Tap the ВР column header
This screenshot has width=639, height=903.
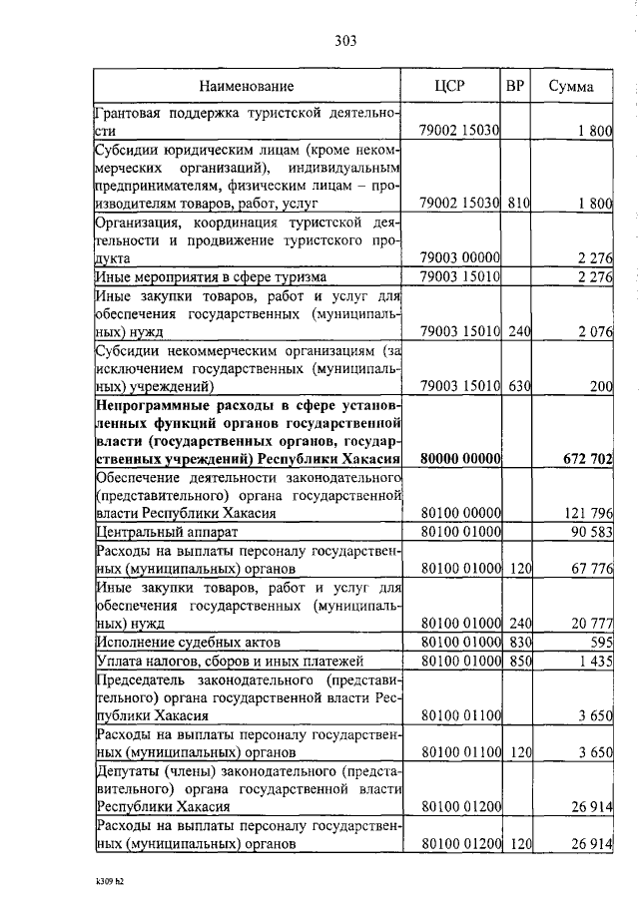[515, 86]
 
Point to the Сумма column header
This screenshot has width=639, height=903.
[571, 87]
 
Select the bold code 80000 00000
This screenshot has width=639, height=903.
[460, 458]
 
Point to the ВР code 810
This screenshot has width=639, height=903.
[518, 204]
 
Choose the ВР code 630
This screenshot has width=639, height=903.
[518, 386]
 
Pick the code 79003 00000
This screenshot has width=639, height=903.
[460, 258]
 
